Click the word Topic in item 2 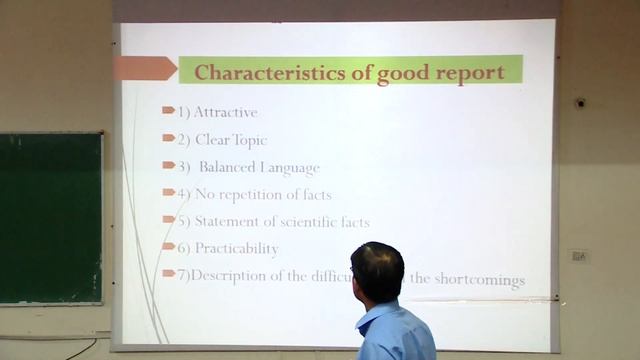[248, 140]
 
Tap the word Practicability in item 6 [236, 248]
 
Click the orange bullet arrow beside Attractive [168, 110]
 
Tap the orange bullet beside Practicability [168, 246]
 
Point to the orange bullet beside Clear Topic [168, 138]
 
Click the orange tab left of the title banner [144, 69]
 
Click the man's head [377, 270]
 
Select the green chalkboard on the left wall [50, 218]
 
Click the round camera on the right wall [581, 103]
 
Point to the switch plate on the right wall [578, 255]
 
